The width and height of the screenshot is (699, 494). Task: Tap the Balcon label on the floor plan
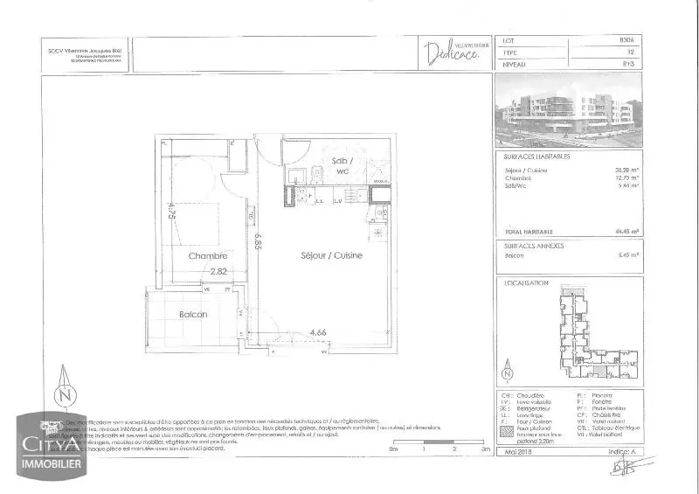click(192, 314)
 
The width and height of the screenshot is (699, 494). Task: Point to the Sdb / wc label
click(343, 166)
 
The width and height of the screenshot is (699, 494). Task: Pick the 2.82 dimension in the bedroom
click(218, 271)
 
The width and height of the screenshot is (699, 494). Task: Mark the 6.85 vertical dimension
click(258, 238)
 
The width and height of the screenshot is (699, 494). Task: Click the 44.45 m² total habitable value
click(626, 232)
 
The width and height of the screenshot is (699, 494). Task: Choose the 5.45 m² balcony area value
click(626, 255)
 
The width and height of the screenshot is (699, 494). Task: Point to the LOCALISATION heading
click(527, 282)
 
